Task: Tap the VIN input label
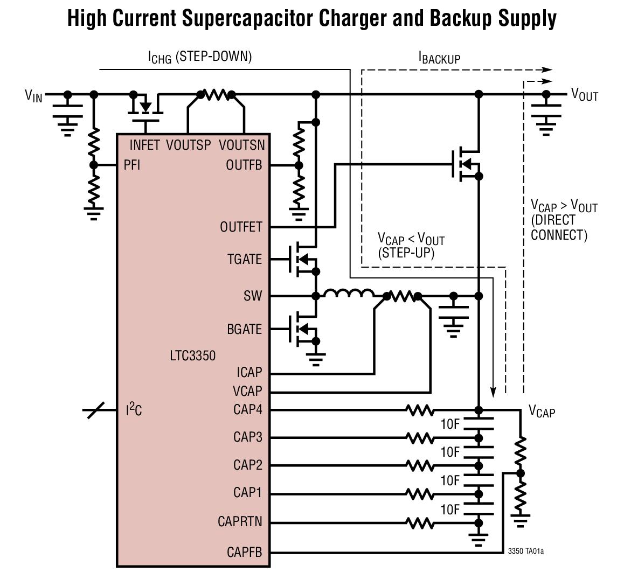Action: point(33,96)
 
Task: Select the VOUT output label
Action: point(585,95)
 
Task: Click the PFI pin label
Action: point(132,165)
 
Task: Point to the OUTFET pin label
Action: point(241,227)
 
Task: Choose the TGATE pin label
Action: point(245,259)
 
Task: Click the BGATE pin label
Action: point(245,329)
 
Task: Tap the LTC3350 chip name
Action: point(192,356)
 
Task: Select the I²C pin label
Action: point(134,410)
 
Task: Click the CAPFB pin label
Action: point(245,552)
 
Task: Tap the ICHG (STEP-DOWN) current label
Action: point(200,57)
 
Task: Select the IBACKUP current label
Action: point(439,58)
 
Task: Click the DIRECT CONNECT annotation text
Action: point(559,228)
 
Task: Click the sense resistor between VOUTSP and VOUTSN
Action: point(216,95)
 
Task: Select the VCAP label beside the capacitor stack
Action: point(542,412)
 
